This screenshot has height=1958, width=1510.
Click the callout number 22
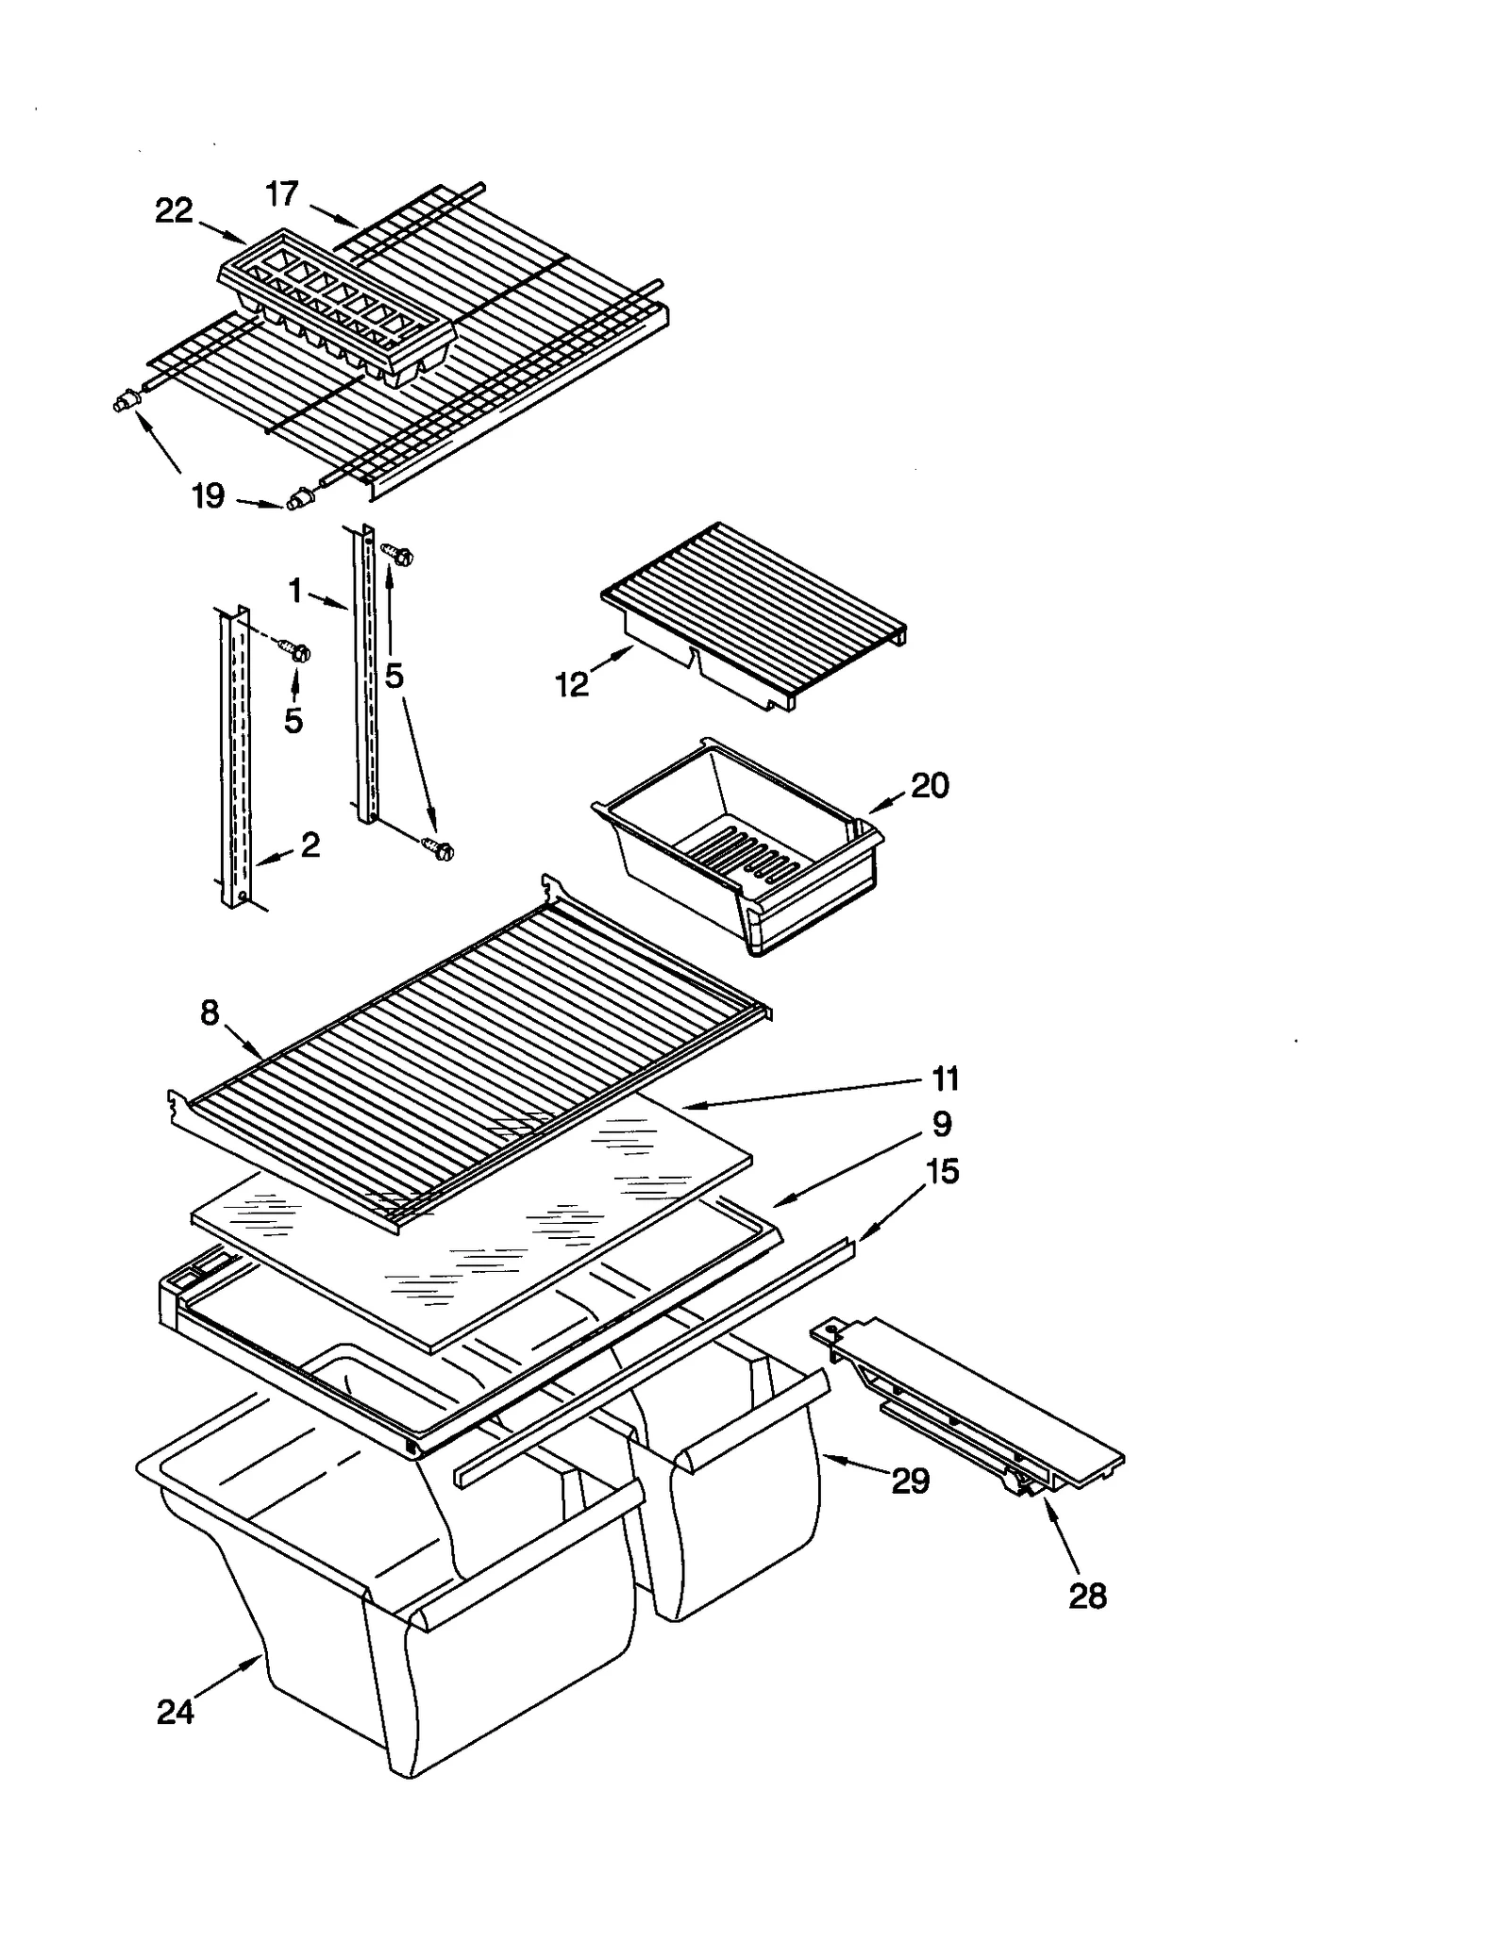174,210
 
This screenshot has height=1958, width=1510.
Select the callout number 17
281,194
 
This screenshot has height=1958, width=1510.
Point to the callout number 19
208,494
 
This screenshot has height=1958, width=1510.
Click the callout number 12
572,683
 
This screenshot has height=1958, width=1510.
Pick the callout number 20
930,785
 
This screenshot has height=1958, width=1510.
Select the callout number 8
210,1012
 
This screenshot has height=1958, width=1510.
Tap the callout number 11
945,1078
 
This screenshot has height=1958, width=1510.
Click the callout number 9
942,1124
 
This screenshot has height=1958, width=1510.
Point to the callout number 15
942,1171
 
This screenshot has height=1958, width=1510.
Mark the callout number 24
176,1711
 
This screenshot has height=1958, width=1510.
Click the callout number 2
310,844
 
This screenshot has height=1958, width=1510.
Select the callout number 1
295,592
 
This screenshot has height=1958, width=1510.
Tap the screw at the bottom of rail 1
439,849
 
